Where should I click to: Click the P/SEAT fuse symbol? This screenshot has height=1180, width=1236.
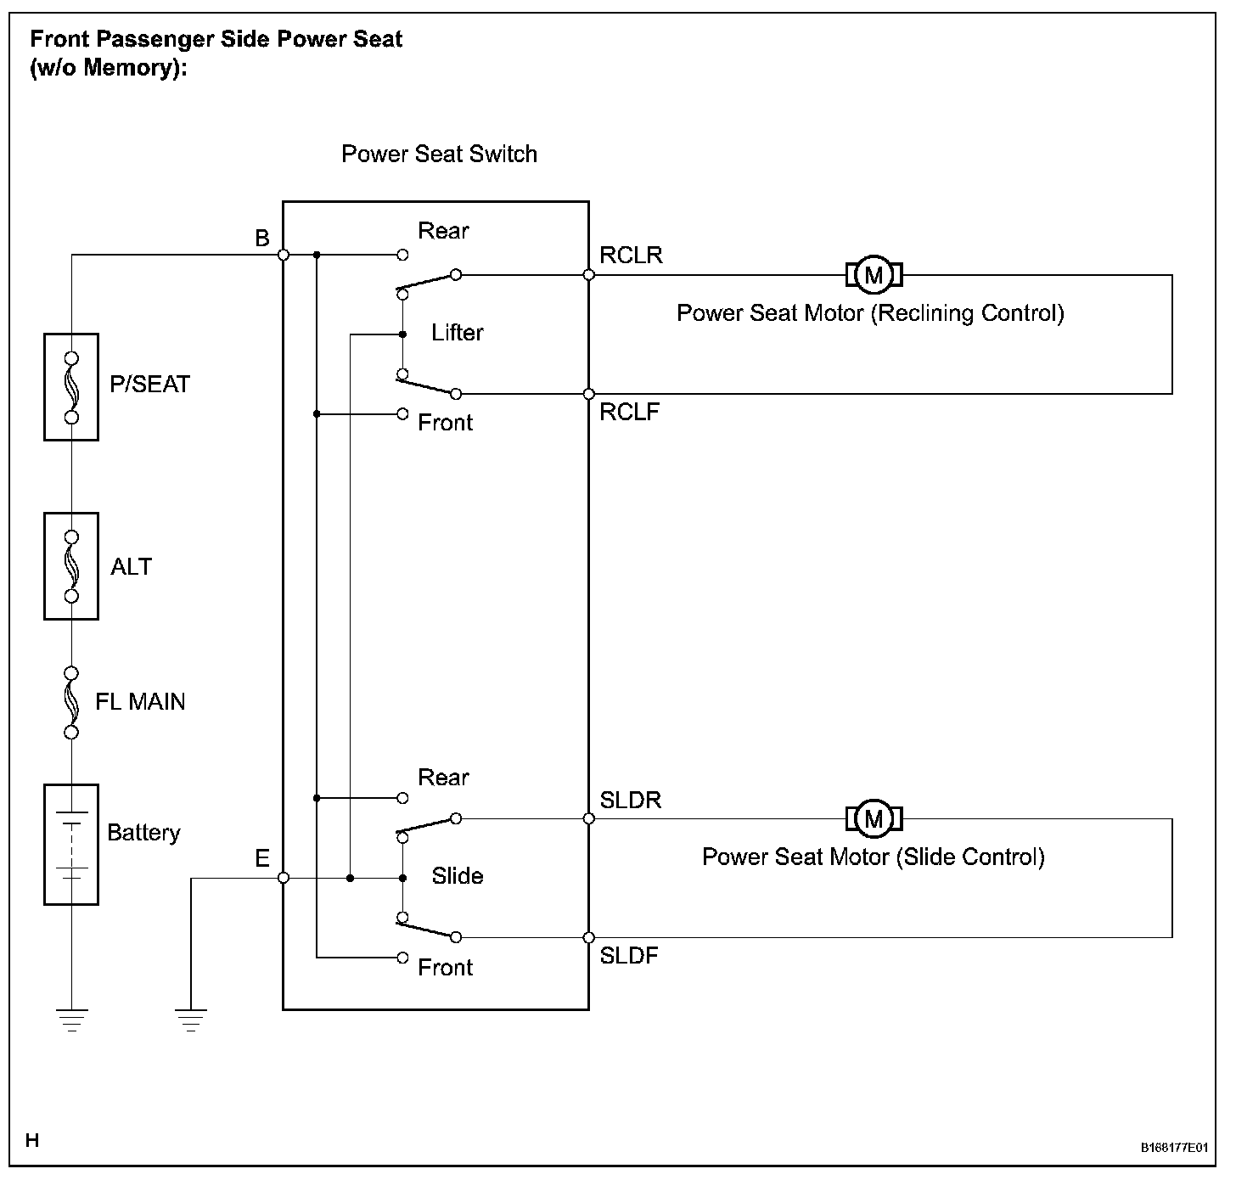click(71, 387)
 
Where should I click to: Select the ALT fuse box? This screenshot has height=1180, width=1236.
click(71, 566)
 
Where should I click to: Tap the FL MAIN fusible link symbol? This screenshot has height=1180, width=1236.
click(71, 702)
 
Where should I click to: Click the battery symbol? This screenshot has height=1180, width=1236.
click(71, 844)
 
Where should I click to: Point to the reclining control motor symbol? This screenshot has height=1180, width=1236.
click(874, 275)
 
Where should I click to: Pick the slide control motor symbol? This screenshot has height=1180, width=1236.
click(874, 818)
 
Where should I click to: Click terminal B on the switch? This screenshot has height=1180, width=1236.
click(284, 255)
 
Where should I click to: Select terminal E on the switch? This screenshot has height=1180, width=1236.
click(284, 878)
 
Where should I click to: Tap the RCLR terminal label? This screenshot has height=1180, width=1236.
click(631, 256)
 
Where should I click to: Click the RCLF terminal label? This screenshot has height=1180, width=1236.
click(629, 413)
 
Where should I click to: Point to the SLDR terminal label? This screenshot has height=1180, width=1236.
click(630, 801)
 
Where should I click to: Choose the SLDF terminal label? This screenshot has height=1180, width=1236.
click(629, 956)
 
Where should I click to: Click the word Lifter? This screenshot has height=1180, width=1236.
click(458, 333)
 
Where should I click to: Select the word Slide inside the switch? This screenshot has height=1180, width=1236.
click(458, 876)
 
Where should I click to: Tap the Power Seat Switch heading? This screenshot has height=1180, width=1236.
click(439, 155)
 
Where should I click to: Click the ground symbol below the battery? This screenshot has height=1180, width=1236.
click(71, 1020)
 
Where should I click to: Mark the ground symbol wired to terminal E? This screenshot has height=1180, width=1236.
click(190, 1020)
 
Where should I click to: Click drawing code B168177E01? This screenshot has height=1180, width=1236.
click(1174, 1147)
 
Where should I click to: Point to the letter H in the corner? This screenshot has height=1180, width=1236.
click(32, 1141)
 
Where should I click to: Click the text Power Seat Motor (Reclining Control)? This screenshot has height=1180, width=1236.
click(870, 314)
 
